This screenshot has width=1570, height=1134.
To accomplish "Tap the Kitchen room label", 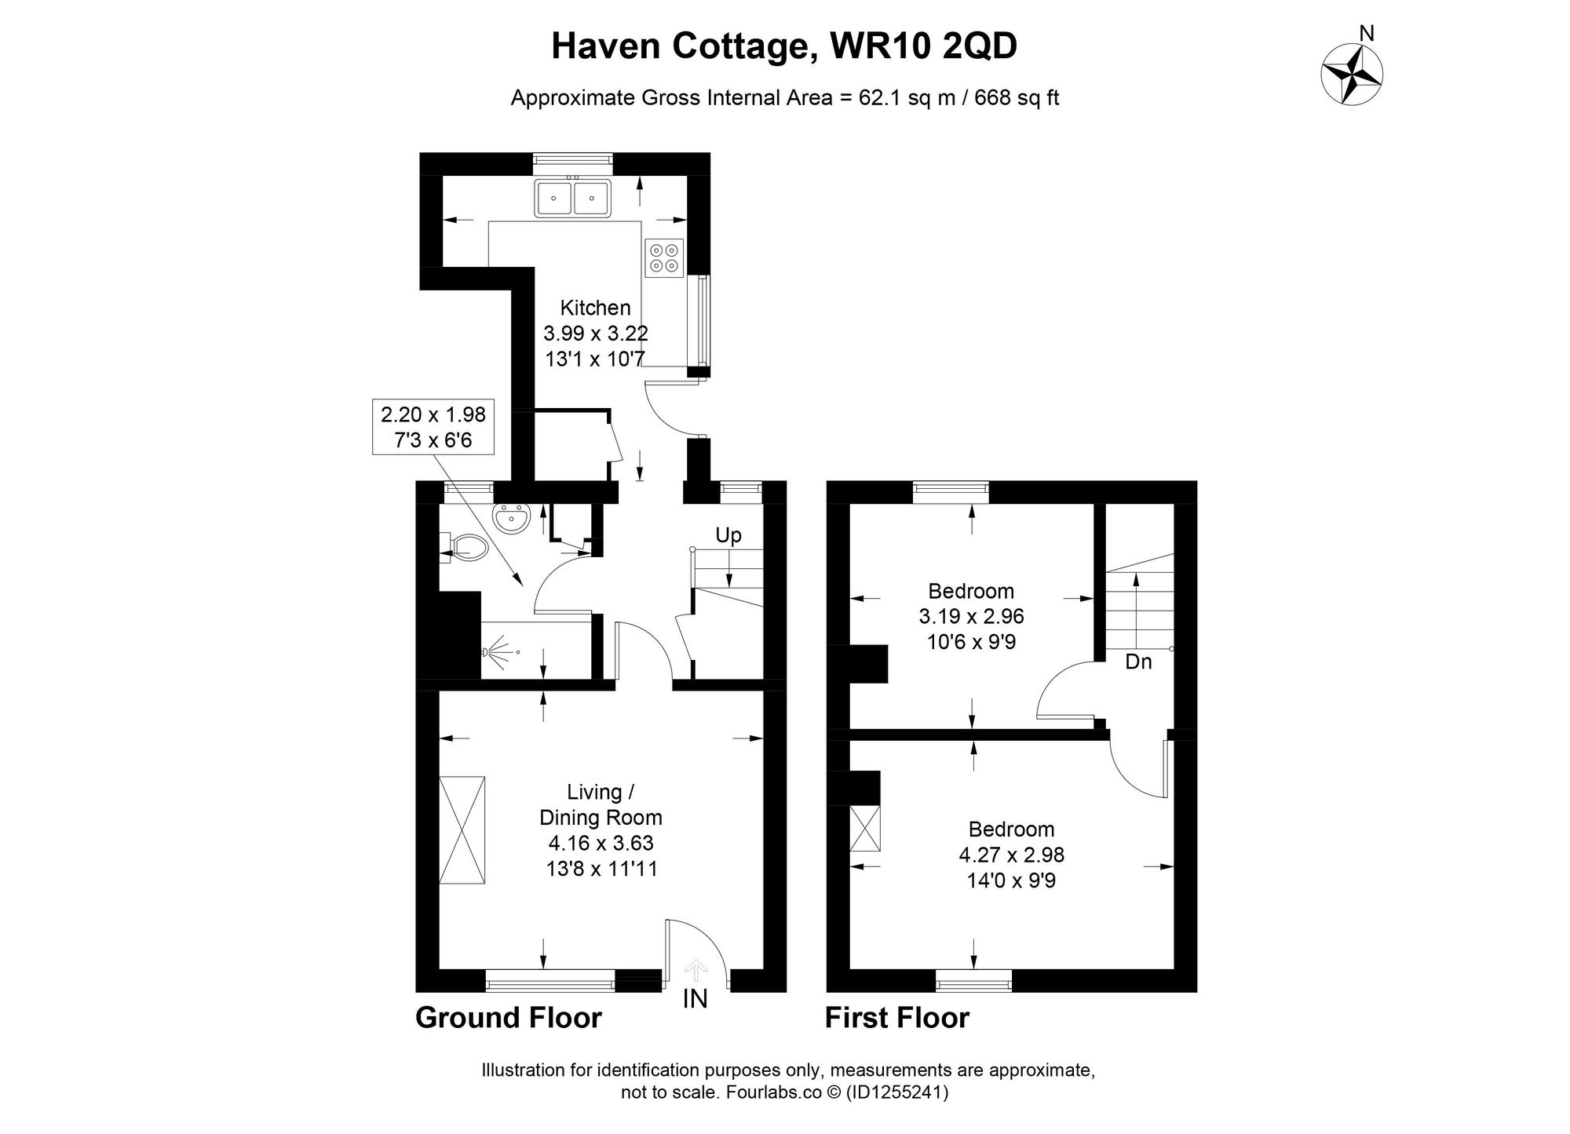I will coord(595,308).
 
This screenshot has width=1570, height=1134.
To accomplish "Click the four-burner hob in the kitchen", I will coord(664,257).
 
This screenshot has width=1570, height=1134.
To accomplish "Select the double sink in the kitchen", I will coord(573,198).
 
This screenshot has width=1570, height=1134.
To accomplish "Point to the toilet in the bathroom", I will coord(468,547).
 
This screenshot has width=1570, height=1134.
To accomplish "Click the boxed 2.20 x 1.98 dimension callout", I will coord(433,427).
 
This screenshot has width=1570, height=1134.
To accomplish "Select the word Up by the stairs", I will coord(728,536).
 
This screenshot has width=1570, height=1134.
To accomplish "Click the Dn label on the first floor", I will coord(1138,662).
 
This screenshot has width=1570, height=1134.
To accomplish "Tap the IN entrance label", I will coord(696,999).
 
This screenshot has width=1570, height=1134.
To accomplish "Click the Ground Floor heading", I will coord(508,1018).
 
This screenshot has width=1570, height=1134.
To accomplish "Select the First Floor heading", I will coord(896,1018).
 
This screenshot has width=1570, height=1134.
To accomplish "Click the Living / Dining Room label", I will coord(601,804).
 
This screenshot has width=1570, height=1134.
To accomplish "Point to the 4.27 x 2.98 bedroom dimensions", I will coord(1011,855).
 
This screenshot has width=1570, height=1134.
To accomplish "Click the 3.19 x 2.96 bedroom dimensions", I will coord(971,616).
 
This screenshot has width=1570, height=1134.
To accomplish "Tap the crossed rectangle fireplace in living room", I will coord(462,830).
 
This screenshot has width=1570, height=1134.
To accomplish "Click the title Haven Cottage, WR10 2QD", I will coord(783,47).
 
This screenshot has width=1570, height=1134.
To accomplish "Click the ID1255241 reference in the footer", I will coord(896,1092).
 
